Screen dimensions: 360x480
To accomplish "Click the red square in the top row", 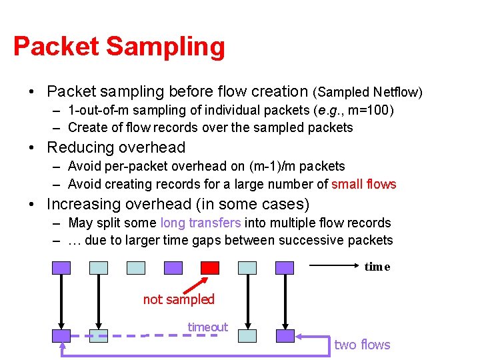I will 210,267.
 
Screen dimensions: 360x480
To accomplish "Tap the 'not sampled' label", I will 179,299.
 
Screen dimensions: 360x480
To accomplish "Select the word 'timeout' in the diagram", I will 207,327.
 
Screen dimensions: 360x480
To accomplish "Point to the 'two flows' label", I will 362,344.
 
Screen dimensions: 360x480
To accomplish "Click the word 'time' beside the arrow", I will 377,267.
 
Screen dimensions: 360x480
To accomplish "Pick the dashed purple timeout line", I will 180,335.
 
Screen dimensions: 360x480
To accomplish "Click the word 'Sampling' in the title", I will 165,47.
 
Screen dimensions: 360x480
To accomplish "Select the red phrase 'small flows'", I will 363,184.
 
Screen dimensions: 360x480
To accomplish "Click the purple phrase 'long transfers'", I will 201,223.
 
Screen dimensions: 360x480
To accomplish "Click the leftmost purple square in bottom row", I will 61,335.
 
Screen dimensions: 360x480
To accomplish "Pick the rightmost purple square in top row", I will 285,267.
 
